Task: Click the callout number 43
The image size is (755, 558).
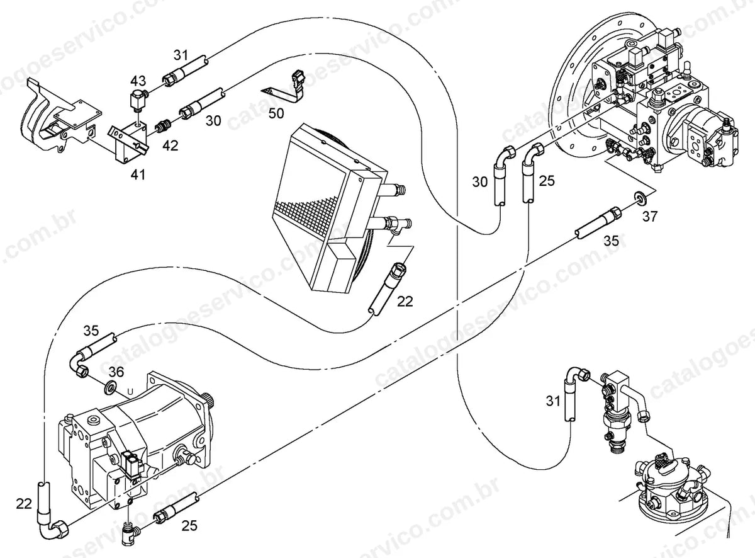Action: (x=138, y=81)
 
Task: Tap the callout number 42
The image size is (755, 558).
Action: (x=171, y=145)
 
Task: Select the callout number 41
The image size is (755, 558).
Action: (x=138, y=174)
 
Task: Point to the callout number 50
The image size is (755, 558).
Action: (x=276, y=113)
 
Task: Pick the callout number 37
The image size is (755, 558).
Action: (x=650, y=216)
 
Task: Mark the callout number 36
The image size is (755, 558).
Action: (x=116, y=372)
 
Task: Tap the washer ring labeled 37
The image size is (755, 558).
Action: (x=639, y=197)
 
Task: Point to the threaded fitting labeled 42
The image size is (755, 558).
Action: (x=164, y=127)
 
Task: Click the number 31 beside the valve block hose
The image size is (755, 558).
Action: (x=553, y=401)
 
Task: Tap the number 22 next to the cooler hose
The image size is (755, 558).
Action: (x=405, y=301)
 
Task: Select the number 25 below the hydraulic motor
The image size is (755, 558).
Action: (x=189, y=526)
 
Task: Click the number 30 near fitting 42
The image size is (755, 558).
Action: (x=213, y=121)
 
